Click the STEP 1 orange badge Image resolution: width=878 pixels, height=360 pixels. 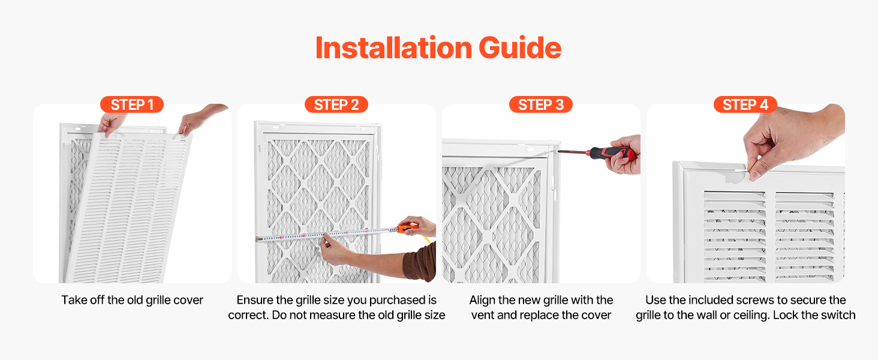132,105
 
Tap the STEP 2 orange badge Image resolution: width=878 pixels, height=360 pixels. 336,105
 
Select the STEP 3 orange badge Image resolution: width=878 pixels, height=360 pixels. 541,105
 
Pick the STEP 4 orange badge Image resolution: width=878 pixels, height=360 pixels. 745,105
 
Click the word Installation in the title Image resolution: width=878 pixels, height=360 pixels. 393,48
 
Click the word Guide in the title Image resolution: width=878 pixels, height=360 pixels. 520,48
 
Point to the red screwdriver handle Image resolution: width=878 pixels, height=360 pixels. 610,152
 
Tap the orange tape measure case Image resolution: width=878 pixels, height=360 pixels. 408,228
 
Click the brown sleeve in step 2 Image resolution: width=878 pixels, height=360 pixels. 420,262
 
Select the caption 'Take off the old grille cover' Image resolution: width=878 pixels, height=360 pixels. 132,300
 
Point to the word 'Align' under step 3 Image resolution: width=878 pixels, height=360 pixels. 482,300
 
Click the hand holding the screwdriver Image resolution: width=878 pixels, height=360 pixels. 623,155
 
